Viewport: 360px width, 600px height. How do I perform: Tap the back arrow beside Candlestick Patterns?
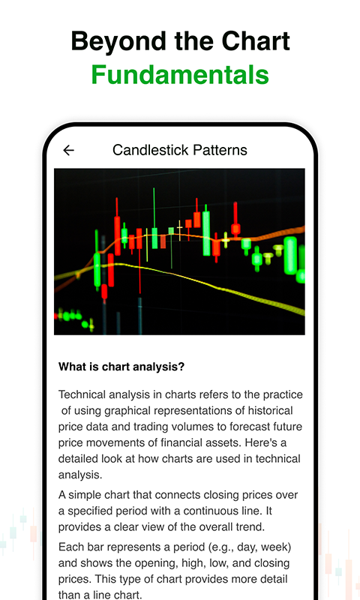coord(68,150)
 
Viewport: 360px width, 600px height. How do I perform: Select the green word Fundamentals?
coord(180,75)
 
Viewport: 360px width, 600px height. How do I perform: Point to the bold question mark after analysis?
coord(181,367)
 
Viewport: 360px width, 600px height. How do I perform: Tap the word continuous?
coord(226,511)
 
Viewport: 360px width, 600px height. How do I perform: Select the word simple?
coord(85,495)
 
